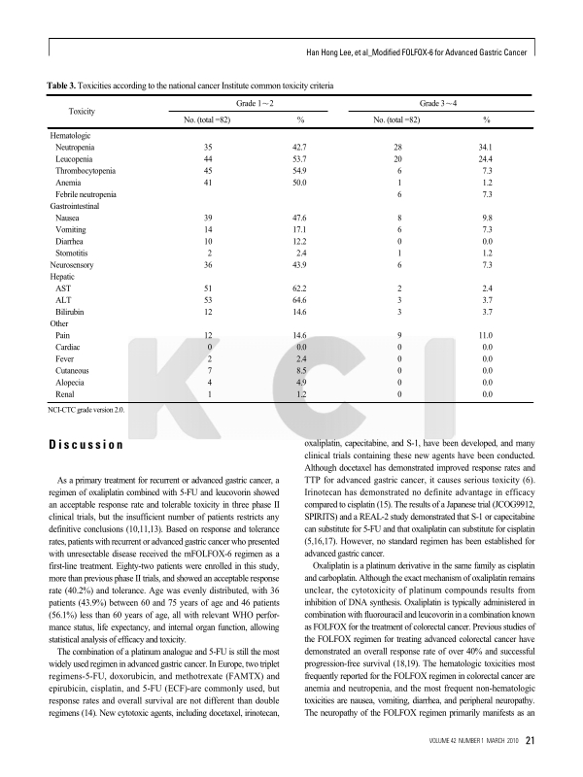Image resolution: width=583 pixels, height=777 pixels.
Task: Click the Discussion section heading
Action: pos(86,446)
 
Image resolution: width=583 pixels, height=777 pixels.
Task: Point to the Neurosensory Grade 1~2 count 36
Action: pos(208,263)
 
